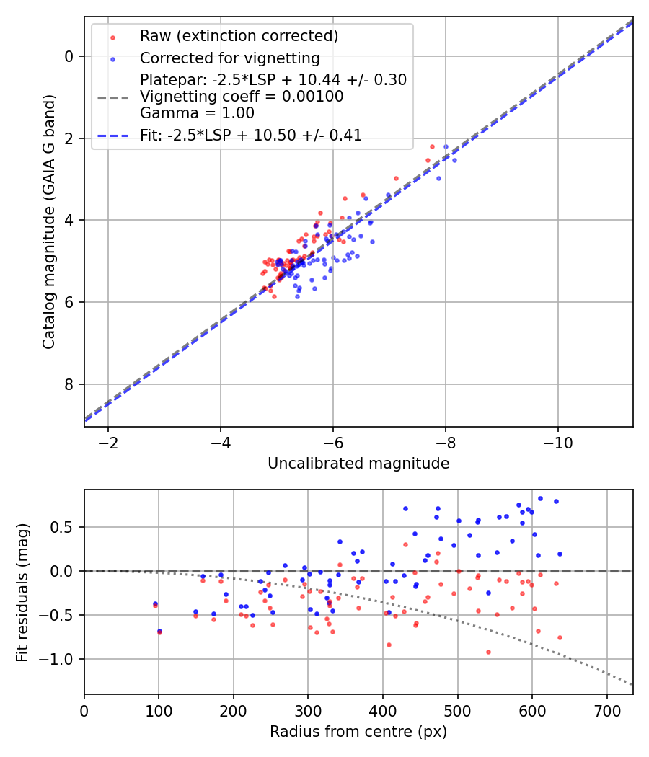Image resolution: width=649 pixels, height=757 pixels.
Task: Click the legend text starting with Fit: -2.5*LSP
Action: [251, 135]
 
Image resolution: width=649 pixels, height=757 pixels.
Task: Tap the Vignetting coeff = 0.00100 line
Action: [242, 96]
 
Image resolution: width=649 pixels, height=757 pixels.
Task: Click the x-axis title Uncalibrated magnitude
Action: [358, 464]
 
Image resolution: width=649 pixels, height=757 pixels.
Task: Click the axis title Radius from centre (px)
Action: [358, 732]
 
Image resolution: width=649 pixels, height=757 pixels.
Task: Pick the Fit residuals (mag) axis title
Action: [22, 591]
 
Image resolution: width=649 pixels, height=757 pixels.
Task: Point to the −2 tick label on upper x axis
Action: [108, 441]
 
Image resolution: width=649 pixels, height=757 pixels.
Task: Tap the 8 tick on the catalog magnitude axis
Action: [69, 384]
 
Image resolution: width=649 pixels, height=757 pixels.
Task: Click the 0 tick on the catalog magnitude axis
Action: [69, 56]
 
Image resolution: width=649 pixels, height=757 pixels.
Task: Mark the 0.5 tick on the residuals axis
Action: [65, 527]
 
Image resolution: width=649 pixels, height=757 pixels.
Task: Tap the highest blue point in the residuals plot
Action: [540, 498]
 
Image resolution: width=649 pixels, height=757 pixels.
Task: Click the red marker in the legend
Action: [112, 37]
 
